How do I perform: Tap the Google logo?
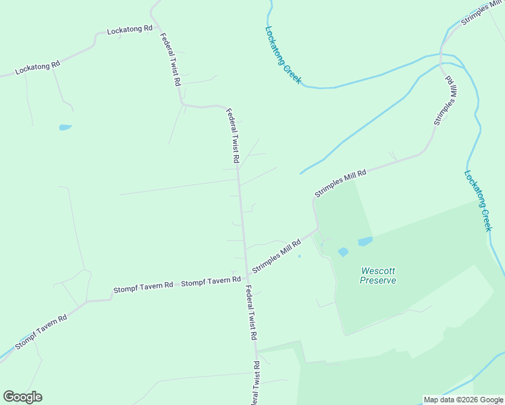[x=22, y=397]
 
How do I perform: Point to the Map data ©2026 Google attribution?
[x=463, y=400]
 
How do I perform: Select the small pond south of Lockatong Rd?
[x=65, y=127]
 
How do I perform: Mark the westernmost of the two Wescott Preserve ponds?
[x=343, y=252]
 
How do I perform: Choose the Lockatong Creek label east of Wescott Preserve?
[x=479, y=200]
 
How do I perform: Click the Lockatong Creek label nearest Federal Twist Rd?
[x=283, y=55]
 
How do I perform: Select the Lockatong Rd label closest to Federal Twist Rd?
[x=130, y=31]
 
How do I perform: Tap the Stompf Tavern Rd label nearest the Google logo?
[x=41, y=332]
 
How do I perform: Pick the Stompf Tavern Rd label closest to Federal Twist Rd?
[x=211, y=281]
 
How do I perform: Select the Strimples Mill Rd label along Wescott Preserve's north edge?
[x=340, y=183]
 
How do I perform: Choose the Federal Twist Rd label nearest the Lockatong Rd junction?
[x=171, y=59]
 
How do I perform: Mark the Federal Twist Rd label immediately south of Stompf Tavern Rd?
[x=251, y=312]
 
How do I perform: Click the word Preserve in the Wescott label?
[x=378, y=280]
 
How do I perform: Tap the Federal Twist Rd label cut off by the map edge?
[x=256, y=383]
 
